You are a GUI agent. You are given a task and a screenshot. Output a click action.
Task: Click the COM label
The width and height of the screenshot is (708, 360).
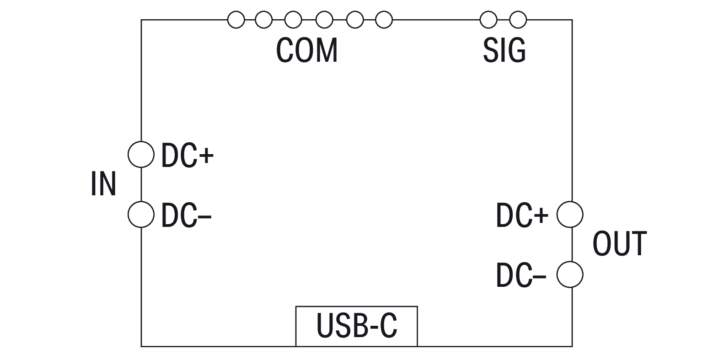pos(307,50)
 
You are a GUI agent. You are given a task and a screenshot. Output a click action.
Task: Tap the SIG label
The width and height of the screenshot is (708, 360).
pos(504,50)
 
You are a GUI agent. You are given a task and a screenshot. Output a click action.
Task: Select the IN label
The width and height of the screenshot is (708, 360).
pos(103,184)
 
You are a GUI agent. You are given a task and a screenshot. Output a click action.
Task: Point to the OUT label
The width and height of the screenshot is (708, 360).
pos(620,243)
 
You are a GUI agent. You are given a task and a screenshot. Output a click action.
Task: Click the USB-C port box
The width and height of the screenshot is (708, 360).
pos(356,326)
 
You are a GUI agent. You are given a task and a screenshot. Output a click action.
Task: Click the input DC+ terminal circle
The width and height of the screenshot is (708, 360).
pos(141,155)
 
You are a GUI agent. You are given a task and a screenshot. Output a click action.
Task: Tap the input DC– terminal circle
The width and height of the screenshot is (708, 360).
pos(141,214)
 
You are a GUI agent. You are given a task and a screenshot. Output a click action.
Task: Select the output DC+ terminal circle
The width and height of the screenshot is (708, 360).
pos(570,214)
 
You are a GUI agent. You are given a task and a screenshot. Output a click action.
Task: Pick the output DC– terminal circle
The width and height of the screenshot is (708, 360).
pos(570,274)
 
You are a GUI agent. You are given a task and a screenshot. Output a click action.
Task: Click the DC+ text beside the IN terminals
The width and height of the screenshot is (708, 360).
pos(188,155)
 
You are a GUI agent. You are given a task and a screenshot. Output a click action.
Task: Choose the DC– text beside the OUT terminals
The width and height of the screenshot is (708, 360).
pos(521,275)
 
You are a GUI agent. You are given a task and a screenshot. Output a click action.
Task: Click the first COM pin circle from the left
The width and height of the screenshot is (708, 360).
pos(236,20)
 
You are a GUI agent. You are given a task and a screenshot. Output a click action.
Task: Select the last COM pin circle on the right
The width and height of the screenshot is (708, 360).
pos(384,20)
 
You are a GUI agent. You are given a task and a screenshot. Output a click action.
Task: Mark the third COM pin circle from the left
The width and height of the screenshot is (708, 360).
pos(293,20)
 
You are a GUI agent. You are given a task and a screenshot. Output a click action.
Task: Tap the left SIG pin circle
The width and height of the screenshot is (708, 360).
pos(488,20)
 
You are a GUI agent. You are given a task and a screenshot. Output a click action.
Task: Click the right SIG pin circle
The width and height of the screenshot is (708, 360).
pos(518,20)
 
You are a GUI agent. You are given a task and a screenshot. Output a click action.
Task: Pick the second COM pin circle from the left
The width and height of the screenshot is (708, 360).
pos(263,20)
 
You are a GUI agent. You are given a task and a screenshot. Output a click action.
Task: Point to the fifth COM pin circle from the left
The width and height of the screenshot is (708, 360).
pos(355,20)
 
